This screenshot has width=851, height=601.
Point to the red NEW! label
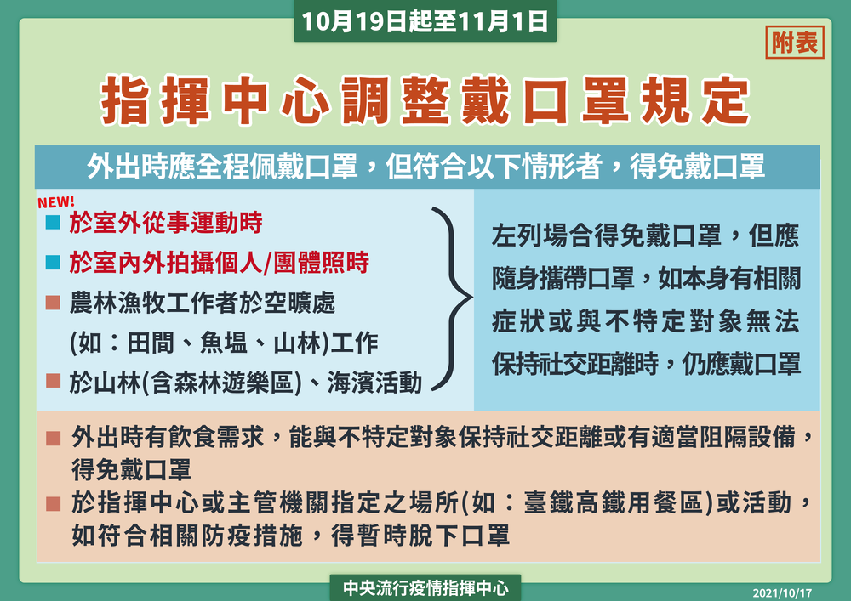[x=57, y=203]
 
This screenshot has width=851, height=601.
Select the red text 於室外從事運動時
[x=166, y=224]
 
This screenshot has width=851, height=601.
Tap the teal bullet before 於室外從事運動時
[x=53, y=224]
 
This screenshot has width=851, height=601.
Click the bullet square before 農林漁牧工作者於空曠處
[x=53, y=303]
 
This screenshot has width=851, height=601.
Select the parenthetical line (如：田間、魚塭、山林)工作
[x=224, y=343]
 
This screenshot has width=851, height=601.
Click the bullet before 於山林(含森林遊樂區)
[x=53, y=382]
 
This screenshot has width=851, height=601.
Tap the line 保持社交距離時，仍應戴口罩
[x=646, y=364]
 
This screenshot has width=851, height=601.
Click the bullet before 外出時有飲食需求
[x=53, y=439]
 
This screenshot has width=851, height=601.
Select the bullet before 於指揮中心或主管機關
[x=53, y=503]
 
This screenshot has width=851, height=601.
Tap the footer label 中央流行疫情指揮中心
[x=425, y=587]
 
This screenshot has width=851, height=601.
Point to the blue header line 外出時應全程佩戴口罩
[x=425, y=167]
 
